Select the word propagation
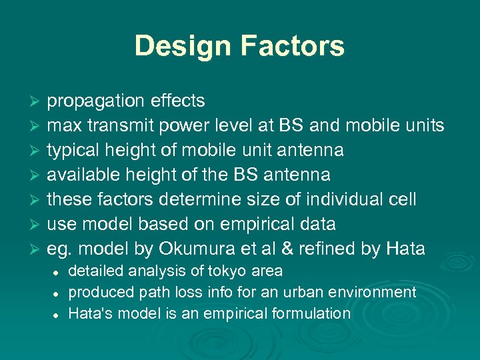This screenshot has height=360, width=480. [95, 101]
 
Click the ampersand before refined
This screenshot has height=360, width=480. [286, 249]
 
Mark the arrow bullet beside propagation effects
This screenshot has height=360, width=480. [36, 101]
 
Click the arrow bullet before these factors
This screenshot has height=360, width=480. [36, 200]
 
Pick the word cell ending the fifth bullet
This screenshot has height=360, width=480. [402, 199]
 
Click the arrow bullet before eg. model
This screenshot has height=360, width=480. [36, 249]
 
